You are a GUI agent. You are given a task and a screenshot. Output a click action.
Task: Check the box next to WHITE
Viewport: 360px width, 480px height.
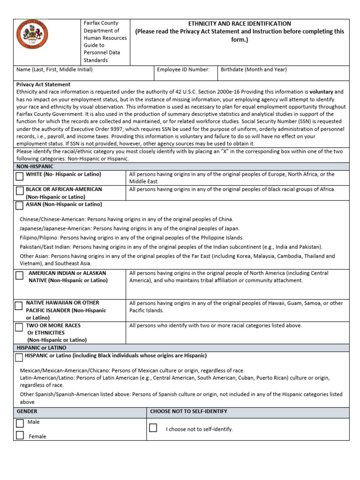point(19,177)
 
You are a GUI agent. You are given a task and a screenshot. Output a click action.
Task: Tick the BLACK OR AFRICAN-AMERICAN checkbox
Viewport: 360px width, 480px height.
point(19,191)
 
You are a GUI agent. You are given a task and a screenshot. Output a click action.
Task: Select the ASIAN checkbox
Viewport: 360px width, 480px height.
point(19,205)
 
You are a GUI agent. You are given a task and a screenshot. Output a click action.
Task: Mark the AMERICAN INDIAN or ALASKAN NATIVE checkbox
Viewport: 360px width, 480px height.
point(19,276)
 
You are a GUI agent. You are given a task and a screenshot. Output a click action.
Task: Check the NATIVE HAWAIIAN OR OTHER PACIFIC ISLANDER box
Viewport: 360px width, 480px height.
point(19,306)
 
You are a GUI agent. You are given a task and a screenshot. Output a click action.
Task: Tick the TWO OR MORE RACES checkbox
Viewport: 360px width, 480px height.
point(19,327)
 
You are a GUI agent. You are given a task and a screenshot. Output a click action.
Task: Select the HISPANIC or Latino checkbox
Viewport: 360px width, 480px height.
point(19,358)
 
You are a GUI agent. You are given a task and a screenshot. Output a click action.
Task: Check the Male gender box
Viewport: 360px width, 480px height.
point(20,423)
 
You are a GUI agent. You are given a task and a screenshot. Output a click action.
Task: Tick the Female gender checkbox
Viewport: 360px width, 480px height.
point(20,435)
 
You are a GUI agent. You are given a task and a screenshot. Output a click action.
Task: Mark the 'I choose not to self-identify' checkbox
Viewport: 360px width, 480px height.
point(153,427)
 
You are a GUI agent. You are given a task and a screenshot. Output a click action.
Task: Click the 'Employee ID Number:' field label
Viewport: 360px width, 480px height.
point(183,69)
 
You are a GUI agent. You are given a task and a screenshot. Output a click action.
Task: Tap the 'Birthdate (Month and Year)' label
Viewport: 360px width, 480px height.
point(254,69)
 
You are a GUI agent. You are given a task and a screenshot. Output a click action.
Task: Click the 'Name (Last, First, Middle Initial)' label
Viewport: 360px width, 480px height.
point(54,69)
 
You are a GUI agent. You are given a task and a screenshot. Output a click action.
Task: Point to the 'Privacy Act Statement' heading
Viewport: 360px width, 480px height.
point(44,84)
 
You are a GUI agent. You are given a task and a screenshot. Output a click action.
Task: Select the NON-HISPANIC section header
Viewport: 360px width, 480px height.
point(35,166)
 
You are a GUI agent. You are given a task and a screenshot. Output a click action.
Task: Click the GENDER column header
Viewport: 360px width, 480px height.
point(27,411)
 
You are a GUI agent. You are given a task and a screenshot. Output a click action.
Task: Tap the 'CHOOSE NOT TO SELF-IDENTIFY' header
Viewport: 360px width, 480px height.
point(188,411)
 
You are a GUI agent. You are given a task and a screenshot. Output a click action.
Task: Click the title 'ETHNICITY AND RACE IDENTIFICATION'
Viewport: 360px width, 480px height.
point(240,23)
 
